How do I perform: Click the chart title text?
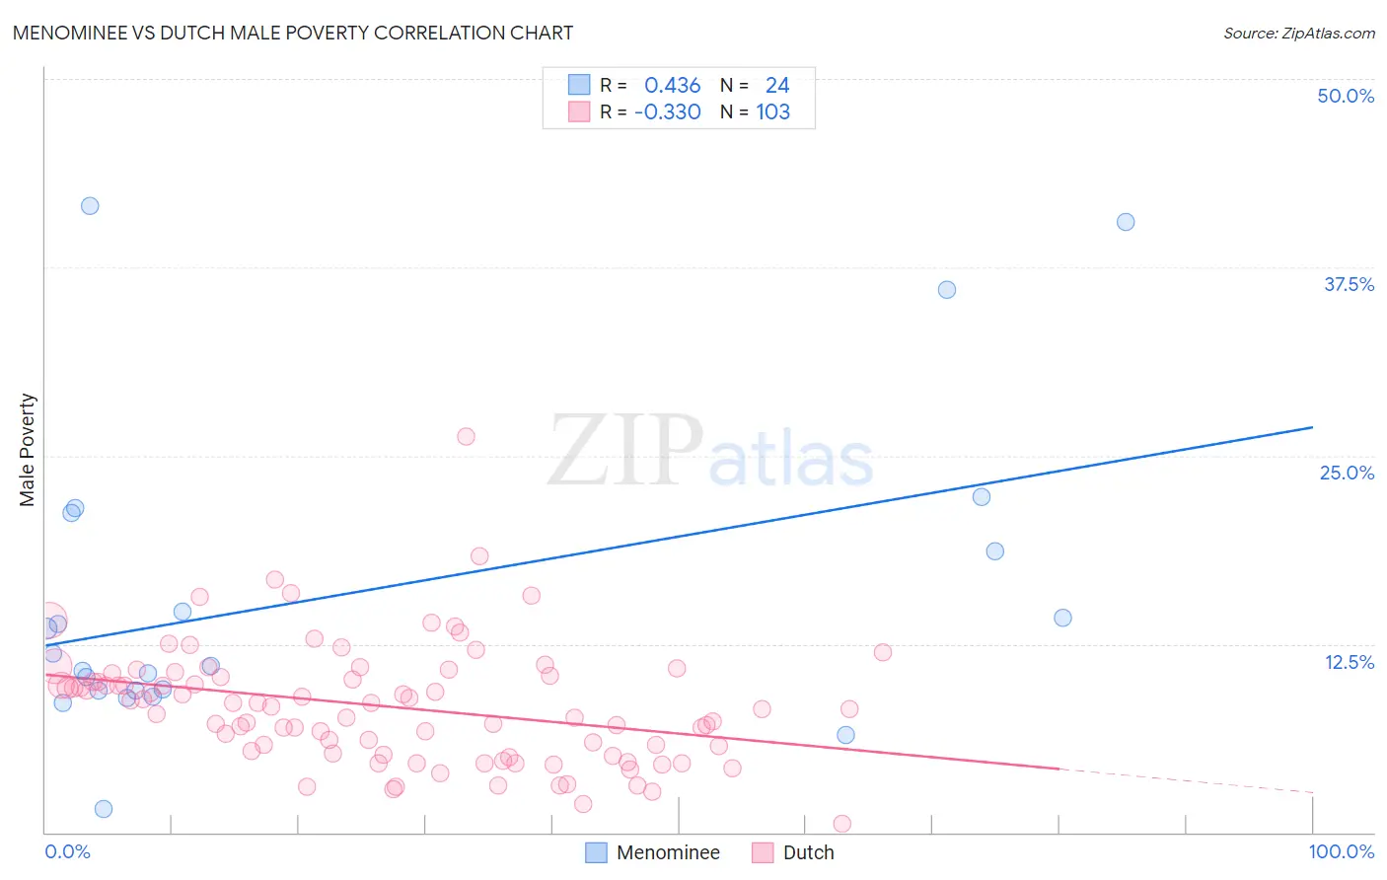point(292,33)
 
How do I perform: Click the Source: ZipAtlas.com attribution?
point(1298,33)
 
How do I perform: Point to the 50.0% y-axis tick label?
point(1345,96)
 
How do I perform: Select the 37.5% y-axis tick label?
point(1348,284)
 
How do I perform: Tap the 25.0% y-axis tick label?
point(1346,473)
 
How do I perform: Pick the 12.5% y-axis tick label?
point(1348,662)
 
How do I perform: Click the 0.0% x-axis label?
point(67,851)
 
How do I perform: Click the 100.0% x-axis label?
point(1341,851)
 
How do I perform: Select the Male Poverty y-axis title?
point(28,450)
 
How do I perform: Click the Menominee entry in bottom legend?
point(668,852)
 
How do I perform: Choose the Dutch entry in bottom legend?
point(808,852)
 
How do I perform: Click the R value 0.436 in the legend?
point(672,85)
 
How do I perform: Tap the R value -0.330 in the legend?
point(667,111)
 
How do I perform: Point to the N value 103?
point(772,111)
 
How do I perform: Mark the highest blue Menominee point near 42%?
point(90,206)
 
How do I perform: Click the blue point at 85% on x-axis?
point(1126,222)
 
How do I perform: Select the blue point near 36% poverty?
point(947,290)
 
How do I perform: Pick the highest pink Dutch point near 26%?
point(466,436)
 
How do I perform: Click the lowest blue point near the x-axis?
point(104,809)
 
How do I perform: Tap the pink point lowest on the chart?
point(842,824)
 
